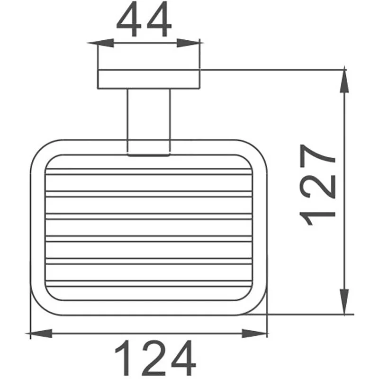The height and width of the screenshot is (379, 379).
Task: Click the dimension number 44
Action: pos(143,21)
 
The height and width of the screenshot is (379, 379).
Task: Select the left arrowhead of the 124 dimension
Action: pos(38,334)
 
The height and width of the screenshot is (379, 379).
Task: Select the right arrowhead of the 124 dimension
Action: pos(260,334)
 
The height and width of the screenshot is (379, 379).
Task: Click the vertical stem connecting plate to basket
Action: pos(148,121)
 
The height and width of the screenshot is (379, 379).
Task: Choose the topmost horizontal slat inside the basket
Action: pos(148,171)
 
